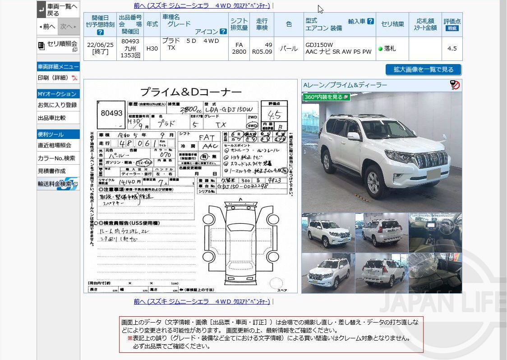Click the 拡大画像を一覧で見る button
(x=423, y=69)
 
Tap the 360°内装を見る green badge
(x=326, y=97)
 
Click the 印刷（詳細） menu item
(x=57, y=78)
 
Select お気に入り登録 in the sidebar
(x=57, y=105)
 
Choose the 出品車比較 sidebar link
(x=51, y=118)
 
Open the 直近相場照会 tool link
(x=55, y=145)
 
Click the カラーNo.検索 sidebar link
(x=56, y=158)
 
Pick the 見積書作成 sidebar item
(x=51, y=171)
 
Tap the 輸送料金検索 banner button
(x=57, y=184)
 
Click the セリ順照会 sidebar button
(x=58, y=46)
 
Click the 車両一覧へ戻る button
(x=58, y=9)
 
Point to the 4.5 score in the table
(x=452, y=49)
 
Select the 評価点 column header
(x=452, y=24)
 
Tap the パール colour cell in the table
(x=289, y=49)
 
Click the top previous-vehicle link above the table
(x=202, y=6)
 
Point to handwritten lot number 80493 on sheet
(x=111, y=114)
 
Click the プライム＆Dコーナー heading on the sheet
(x=190, y=92)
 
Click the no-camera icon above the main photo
(x=455, y=85)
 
